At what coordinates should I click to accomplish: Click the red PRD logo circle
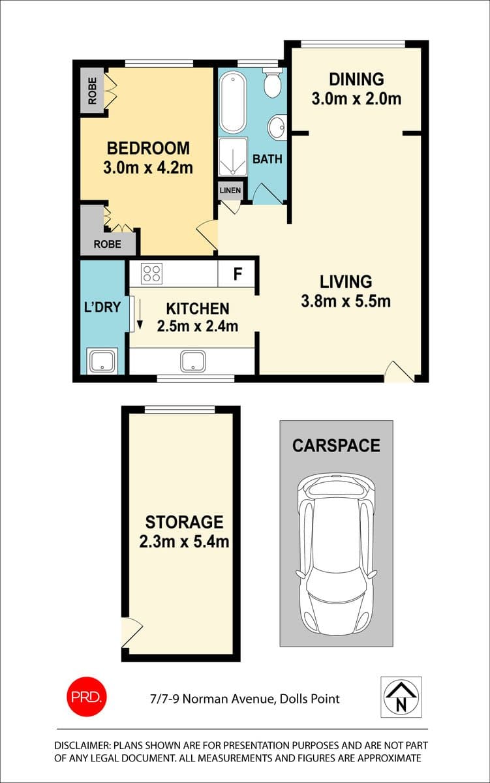(x=87, y=697)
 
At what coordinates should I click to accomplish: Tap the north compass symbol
(x=401, y=697)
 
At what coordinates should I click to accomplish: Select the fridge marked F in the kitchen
(x=236, y=273)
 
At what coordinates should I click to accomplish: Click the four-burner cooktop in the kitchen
(x=151, y=273)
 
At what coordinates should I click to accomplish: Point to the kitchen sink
(x=192, y=361)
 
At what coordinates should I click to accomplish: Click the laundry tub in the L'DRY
(x=102, y=361)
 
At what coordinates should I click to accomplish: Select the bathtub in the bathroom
(x=233, y=102)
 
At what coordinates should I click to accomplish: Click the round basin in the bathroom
(x=277, y=127)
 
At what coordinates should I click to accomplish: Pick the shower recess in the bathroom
(x=233, y=157)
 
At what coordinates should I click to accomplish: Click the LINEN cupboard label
(x=230, y=191)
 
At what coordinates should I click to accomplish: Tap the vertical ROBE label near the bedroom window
(x=92, y=91)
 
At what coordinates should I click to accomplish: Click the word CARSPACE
(x=336, y=446)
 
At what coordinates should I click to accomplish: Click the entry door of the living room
(x=399, y=371)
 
